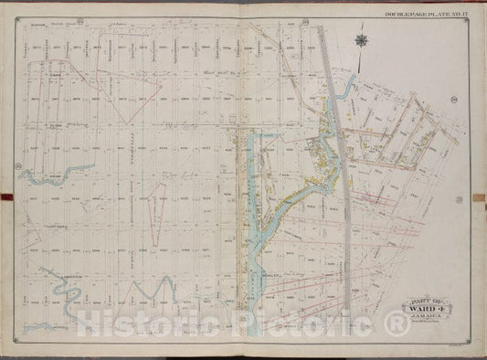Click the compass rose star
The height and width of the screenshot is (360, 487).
[364, 40]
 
